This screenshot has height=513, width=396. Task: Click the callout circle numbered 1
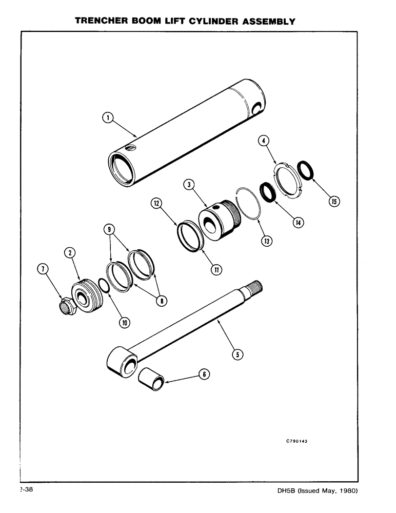[x=107, y=119]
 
